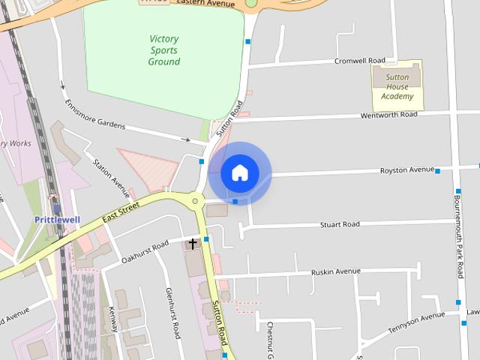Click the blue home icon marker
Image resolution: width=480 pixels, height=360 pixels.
(x=240, y=173)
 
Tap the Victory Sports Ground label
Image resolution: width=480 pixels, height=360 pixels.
(x=163, y=49)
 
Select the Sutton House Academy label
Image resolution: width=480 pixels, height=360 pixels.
(x=397, y=86)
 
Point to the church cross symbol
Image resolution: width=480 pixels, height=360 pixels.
(x=193, y=244)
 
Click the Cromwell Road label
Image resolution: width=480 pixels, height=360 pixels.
(x=359, y=61)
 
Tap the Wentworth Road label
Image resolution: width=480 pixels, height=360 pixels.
(x=388, y=115)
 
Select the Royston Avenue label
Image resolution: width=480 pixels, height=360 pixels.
(x=406, y=170)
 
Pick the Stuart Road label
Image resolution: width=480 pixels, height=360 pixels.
(x=340, y=224)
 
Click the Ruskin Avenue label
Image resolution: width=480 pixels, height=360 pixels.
(x=336, y=271)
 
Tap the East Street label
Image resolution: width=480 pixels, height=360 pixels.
(x=121, y=213)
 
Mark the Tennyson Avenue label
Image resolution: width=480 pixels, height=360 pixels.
(x=411, y=323)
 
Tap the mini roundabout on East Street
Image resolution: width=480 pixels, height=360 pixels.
(x=196, y=200)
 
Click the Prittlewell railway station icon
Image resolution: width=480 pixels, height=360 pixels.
(x=56, y=208)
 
